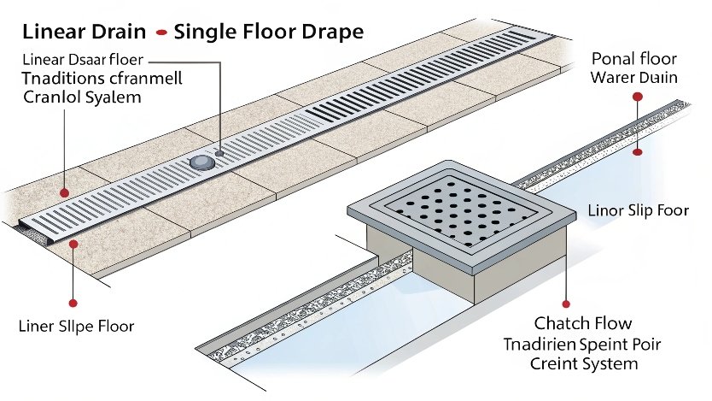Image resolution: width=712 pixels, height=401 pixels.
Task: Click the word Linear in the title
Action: point(50,33)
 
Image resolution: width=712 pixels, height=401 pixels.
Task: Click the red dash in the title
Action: point(159,35)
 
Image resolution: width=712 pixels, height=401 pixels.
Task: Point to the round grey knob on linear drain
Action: point(202,162)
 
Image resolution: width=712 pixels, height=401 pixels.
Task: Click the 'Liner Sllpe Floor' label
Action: point(76,327)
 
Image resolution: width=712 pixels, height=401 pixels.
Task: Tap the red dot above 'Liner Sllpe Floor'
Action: point(73,302)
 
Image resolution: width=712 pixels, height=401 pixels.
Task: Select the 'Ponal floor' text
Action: point(634,59)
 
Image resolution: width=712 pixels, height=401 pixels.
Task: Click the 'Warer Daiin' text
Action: point(634,77)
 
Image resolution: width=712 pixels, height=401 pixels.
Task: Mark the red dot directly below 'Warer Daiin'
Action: point(637,97)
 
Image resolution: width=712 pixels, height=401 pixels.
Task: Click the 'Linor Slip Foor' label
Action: point(639,210)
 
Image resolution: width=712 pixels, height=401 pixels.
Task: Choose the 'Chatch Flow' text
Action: point(583,323)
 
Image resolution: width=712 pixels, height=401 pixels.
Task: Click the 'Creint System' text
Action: point(583,364)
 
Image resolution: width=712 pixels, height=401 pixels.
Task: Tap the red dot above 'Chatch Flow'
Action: point(565,303)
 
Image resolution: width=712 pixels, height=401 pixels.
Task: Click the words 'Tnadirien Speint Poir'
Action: point(583,344)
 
